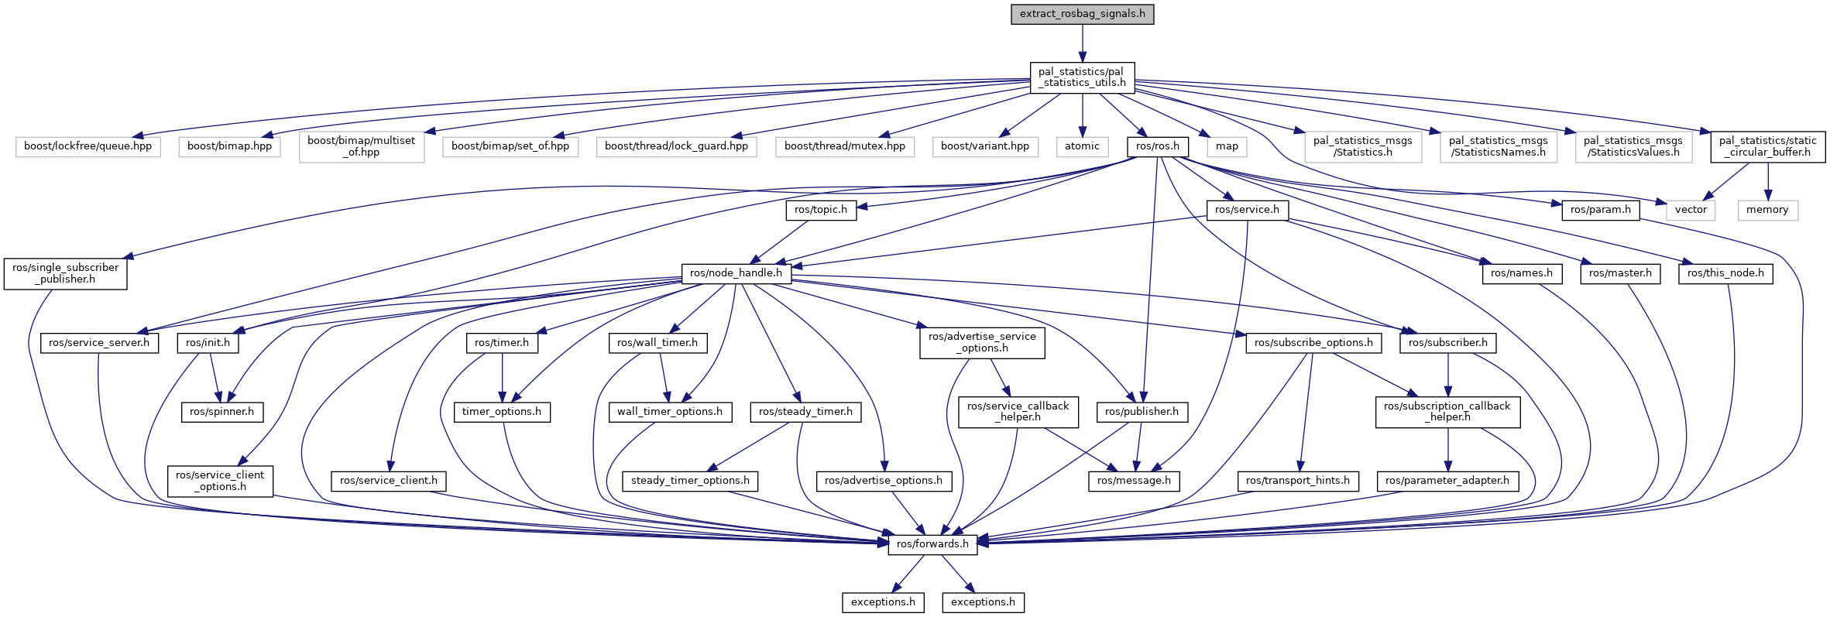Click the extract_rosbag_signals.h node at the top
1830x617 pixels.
point(1082,14)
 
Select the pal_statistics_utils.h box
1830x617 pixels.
point(1082,77)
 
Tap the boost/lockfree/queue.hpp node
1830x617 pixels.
point(88,146)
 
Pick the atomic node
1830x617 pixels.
point(1082,146)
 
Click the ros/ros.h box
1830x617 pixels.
point(1158,146)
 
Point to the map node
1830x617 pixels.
point(1227,146)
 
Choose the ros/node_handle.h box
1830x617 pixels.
point(736,273)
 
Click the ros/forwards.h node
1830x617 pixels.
point(932,544)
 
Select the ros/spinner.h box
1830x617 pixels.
point(221,412)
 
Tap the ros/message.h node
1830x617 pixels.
point(1134,481)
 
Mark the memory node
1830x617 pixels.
point(1767,210)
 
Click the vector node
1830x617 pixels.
point(1691,210)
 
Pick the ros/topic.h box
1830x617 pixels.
point(821,210)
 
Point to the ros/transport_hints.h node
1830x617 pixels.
point(1298,481)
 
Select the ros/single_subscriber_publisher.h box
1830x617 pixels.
point(65,273)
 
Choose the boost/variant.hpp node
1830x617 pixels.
point(985,146)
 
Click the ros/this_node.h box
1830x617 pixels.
point(1725,273)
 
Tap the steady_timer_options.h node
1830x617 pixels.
point(690,481)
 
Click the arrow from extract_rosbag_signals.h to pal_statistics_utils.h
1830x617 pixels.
point(1082,43)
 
